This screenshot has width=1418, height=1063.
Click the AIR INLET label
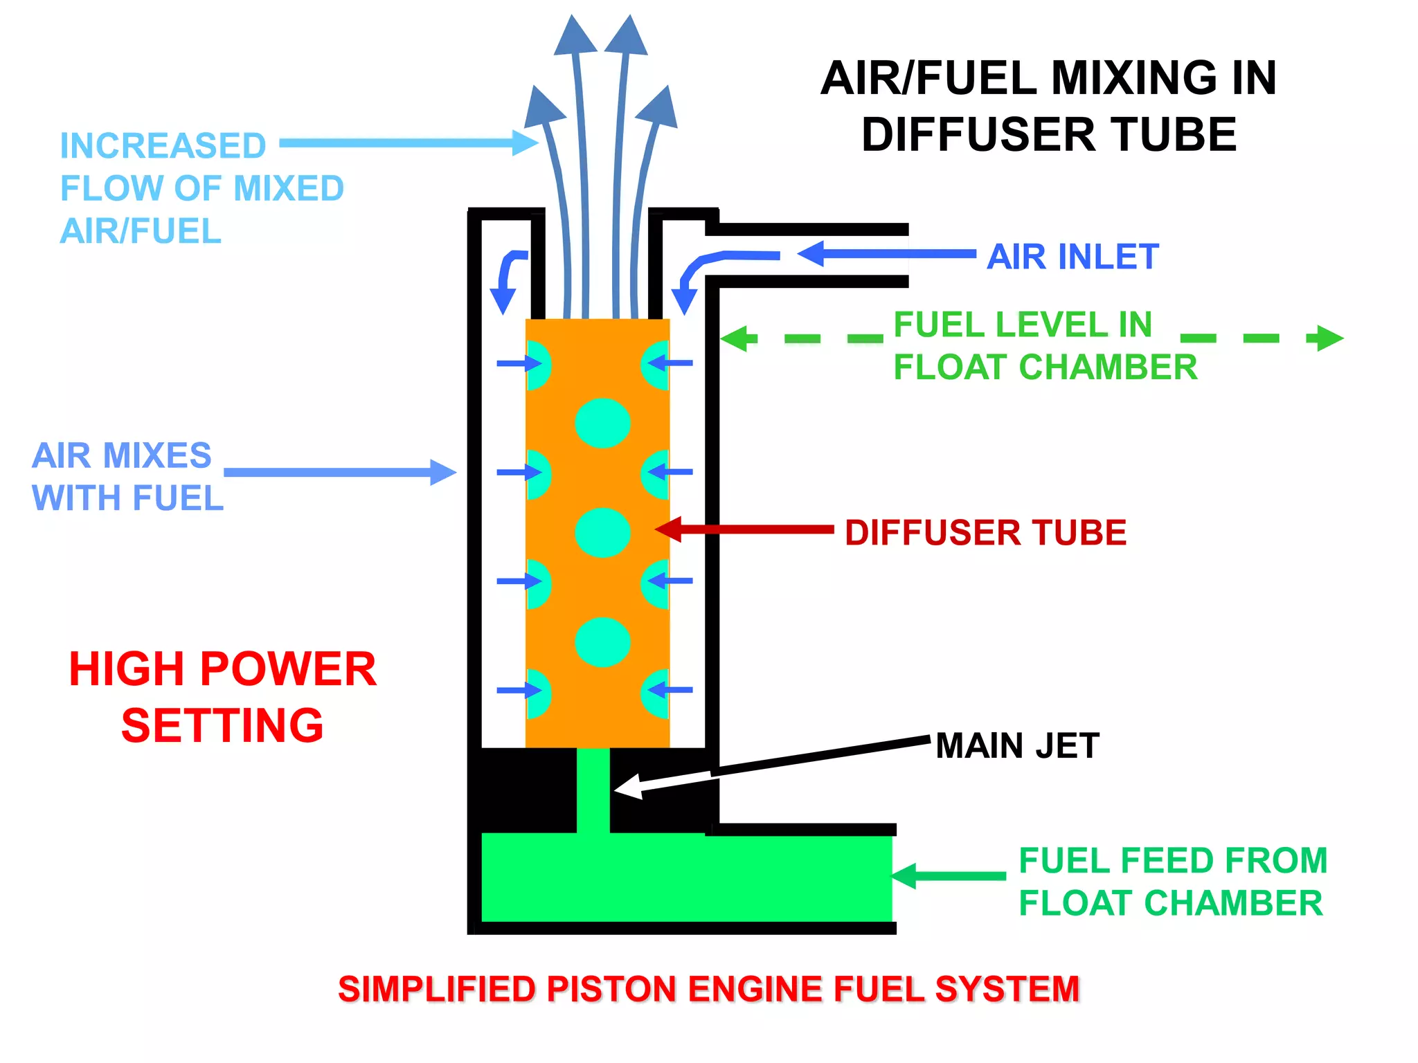click(x=1072, y=257)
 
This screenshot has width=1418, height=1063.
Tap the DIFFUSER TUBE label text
click(x=985, y=533)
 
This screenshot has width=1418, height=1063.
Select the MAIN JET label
click(x=1017, y=746)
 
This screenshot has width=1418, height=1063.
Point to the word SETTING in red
click(x=222, y=725)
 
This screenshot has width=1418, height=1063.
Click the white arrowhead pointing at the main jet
click(x=627, y=787)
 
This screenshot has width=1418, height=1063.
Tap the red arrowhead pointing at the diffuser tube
click(x=669, y=529)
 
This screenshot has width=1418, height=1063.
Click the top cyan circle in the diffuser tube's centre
click(x=602, y=423)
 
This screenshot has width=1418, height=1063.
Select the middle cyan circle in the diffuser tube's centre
click(x=602, y=532)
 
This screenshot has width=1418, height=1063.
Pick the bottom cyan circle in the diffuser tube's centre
click(x=602, y=642)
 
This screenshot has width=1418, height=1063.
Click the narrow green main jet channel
click(x=593, y=789)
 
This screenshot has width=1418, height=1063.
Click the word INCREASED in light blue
click(x=163, y=146)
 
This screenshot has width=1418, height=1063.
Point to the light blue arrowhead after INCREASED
click(x=526, y=143)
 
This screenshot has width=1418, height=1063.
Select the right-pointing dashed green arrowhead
click(x=1329, y=338)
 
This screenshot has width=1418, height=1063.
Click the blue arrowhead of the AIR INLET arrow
click(x=811, y=253)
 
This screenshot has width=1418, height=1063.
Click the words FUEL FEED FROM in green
click(x=1173, y=861)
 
